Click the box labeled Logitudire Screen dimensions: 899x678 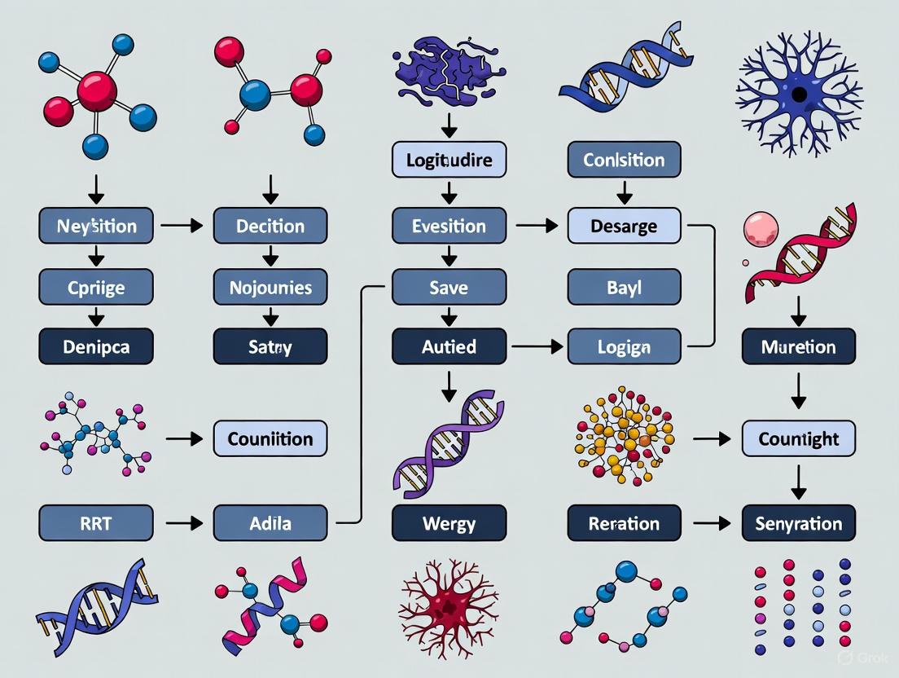(x=449, y=160)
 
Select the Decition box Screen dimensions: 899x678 (x=270, y=226)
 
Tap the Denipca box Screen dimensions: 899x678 (x=96, y=346)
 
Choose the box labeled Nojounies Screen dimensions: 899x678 (x=270, y=287)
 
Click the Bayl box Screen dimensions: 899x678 (x=624, y=287)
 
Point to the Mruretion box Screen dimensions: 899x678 (x=798, y=346)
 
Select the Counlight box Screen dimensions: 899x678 (x=798, y=438)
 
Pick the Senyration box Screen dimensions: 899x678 (x=798, y=522)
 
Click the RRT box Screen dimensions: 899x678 (x=96, y=522)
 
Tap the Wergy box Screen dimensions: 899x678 (x=449, y=522)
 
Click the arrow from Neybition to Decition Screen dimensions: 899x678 (x=182, y=227)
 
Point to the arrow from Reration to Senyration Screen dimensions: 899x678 (x=713, y=523)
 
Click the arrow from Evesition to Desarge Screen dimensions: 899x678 (x=536, y=227)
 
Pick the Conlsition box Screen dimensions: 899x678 (x=624, y=160)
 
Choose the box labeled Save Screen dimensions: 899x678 (x=449, y=287)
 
